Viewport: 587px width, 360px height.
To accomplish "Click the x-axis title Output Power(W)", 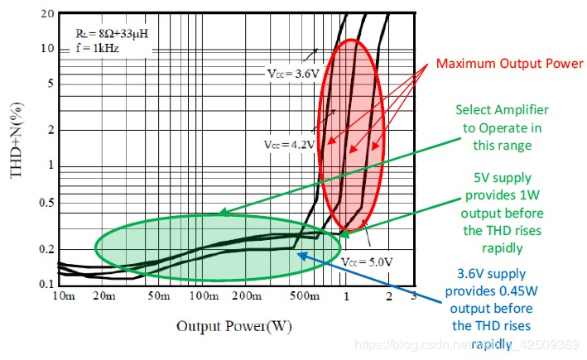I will pyautogui.click(x=234, y=326).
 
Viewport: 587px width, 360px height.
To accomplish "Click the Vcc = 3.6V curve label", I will pyautogui.click(x=289, y=74).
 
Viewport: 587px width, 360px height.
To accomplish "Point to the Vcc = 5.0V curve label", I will pyautogui.click(x=365, y=261).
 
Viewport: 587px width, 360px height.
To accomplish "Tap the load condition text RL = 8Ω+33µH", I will pyautogui.click(x=100, y=34).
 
